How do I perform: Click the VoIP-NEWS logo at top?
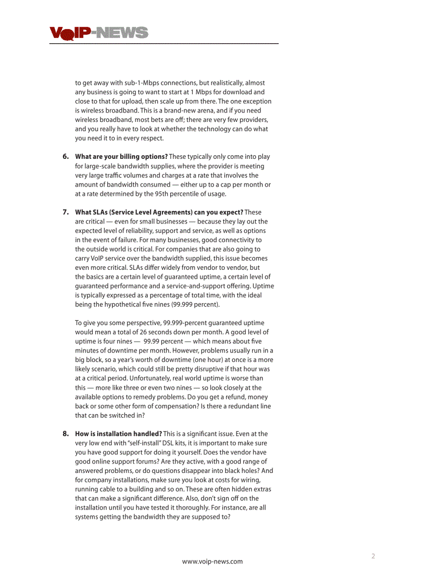pyautogui.click(x=99, y=33)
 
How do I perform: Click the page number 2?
pyautogui.click(x=373, y=556)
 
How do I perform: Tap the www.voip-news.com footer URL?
pyautogui.click(x=212, y=561)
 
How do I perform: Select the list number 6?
pyautogui.click(x=66, y=157)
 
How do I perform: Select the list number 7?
pyautogui.click(x=66, y=212)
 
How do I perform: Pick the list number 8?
pyautogui.click(x=66, y=434)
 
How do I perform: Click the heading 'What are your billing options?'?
pyautogui.click(x=121, y=157)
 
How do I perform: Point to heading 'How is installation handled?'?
pyautogui.click(x=118, y=434)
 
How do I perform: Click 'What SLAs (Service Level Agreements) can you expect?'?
pyautogui.click(x=159, y=212)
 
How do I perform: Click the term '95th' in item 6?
pyautogui.click(x=170, y=194)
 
